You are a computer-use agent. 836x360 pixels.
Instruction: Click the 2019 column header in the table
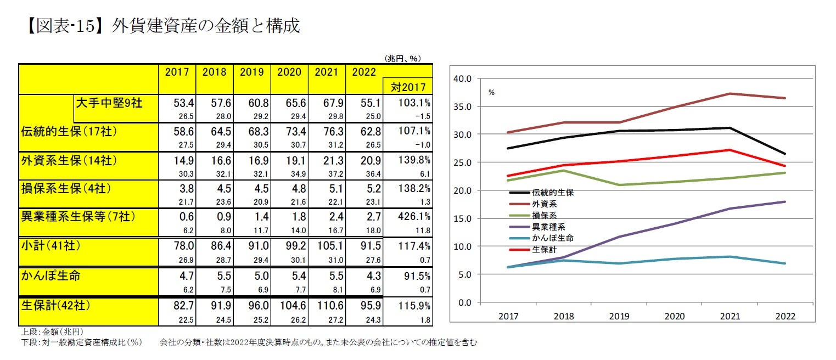pos(251,72)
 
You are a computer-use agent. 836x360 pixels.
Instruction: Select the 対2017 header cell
pos(408,86)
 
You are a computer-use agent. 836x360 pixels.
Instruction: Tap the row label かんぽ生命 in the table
pos(51,275)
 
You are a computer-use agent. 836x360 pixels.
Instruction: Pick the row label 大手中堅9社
pos(109,103)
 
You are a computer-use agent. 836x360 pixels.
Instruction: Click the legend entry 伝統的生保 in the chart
pos(552,193)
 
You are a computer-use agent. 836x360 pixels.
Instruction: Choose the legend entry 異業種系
pos(549,227)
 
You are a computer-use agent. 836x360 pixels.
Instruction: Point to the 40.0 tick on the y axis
pos(463,78)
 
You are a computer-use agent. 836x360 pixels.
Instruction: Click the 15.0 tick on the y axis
pos(463,218)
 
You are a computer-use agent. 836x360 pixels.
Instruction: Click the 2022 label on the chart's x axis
pos(784,316)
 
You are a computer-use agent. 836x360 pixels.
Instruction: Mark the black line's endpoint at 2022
pos(784,154)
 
